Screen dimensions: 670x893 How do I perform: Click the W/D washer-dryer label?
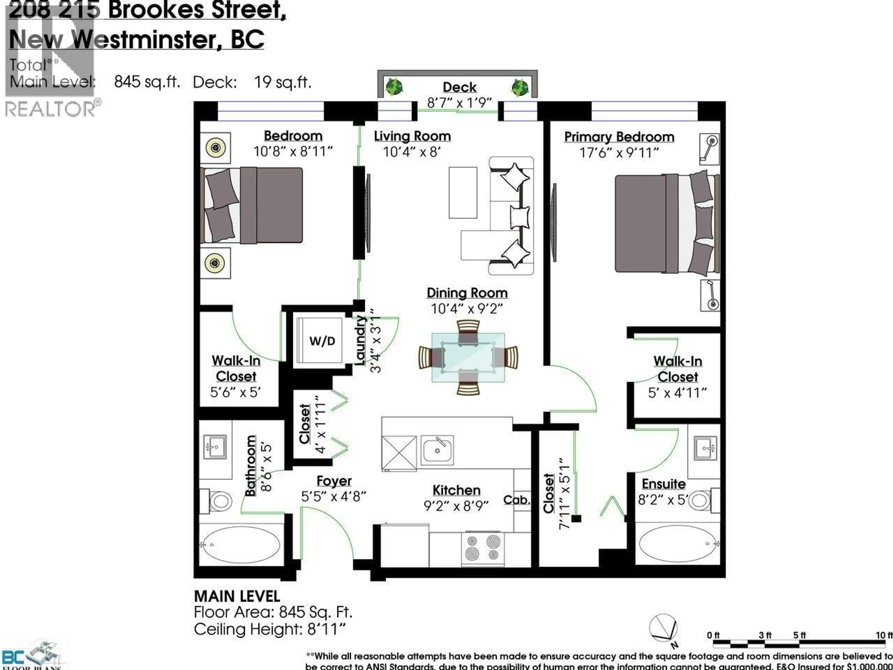pyautogui.click(x=322, y=341)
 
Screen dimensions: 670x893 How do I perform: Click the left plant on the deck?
pyautogui.click(x=394, y=87)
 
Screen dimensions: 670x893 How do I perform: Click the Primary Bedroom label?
pyautogui.click(x=619, y=137)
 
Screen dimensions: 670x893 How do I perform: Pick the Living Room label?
pyautogui.click(x=412, y=136)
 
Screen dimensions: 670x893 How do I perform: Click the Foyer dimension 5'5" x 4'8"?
pyautogui.click(x=333, y=496)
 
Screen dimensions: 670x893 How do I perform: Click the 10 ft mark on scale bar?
pyautogui.click(x=884, y=636)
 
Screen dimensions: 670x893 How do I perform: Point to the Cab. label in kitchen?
pyautogui.click(x=516, y=500)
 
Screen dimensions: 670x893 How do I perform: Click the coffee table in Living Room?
pyautogui.click(x=463, y=193)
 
